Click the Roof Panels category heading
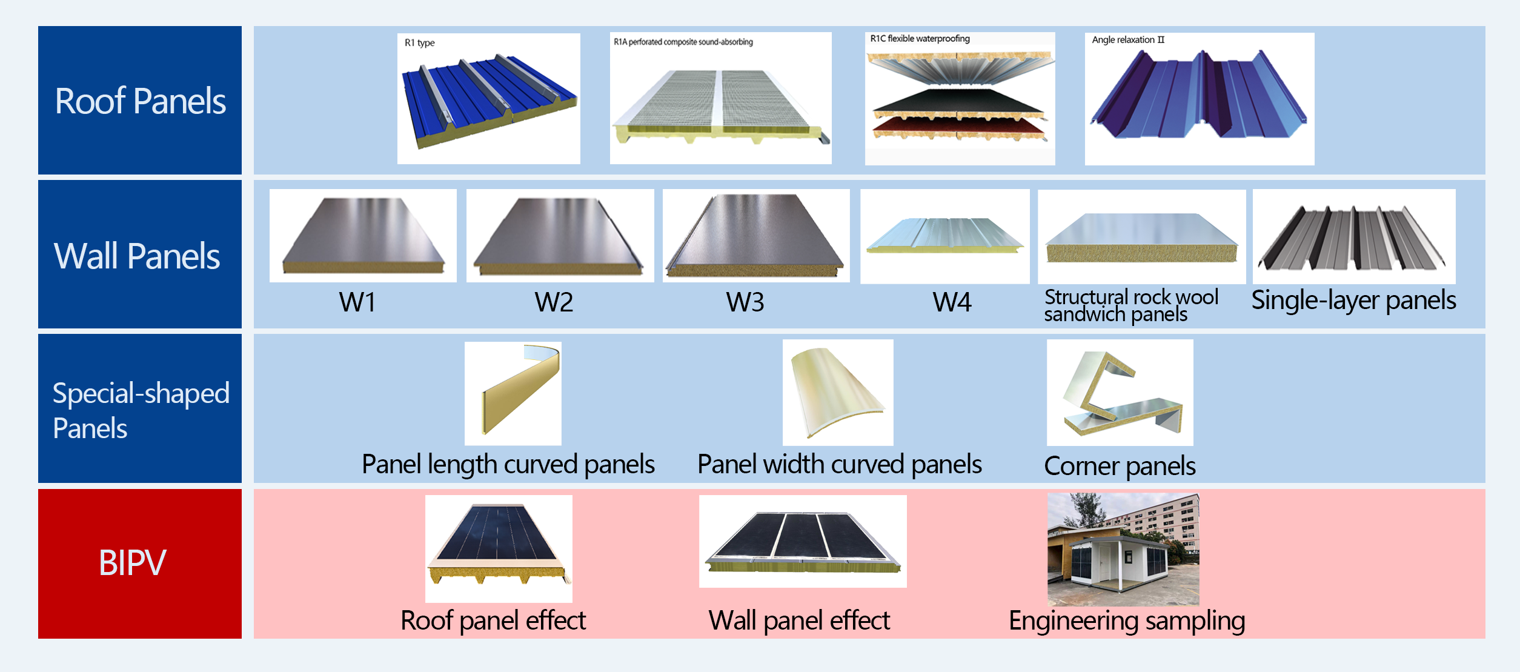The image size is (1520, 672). coord(140,101)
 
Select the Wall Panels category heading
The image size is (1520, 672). coord(137,256)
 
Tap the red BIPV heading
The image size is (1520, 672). coord(132,562)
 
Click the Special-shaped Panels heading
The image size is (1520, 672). coord(141,410)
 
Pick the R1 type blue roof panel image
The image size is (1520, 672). coord(488,99)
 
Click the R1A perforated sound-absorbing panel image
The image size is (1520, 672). coord(720,99)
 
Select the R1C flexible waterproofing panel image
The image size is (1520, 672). coord(960,99)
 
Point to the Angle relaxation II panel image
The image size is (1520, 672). coord(1199,99)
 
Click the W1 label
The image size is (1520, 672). coord(357,302)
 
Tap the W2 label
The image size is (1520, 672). coord(554,302)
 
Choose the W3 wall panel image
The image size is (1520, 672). coord(755,236)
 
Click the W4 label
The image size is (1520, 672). coord(952,302)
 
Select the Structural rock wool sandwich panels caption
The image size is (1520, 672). coord(1130,305)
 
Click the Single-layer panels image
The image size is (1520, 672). coord(1353,236)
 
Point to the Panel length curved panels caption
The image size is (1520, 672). coord(508,465)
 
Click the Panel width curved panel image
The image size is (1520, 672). coord(837,393)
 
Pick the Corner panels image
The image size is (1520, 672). coord(1120,393)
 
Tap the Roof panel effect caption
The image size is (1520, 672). coord(493,620)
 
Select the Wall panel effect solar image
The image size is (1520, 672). coord(802,541)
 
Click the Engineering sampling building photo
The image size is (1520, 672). coord(1123,549)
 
